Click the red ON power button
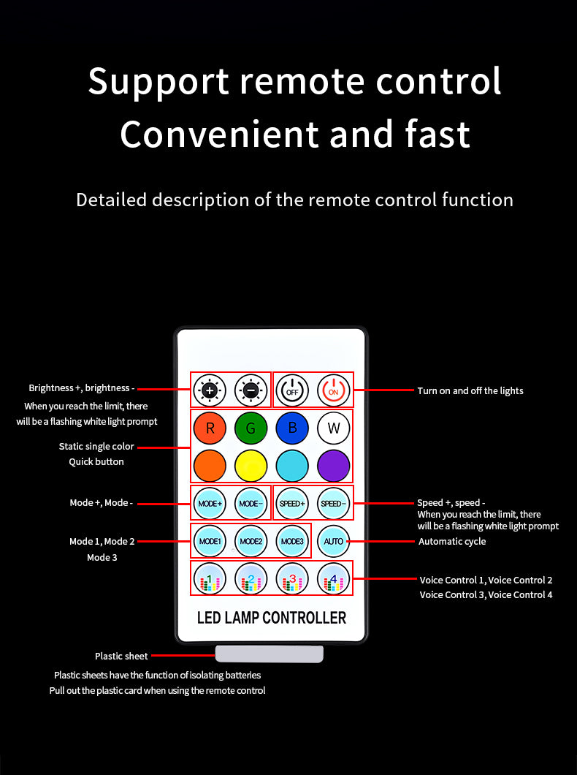333,390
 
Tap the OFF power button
292,390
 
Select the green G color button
251,428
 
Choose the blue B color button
292,428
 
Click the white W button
333,428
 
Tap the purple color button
333,466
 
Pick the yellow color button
251,466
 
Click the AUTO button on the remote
333,541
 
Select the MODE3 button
292,541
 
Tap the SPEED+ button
292,503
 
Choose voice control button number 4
333,579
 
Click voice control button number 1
210,579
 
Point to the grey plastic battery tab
270,654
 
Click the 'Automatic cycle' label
452,542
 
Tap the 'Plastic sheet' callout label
121,656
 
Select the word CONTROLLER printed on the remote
304,617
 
